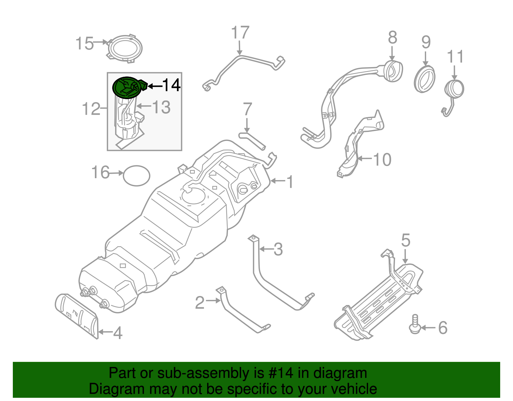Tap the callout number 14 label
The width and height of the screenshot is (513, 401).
pyautogui.click(x=172, y=85)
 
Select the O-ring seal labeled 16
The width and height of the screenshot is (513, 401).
pyautogui.click(x=136, y=176)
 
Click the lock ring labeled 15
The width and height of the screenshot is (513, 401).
pyautogui.click(x=125, y=48)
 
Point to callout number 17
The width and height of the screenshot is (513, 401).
pyautogui.click(x=240, y=33)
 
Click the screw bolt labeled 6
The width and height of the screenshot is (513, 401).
pyautogui.click(x=415, y=324)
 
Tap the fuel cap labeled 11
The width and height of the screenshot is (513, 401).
pyautogui.click(x=454, y=89)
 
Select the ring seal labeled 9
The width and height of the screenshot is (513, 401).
pyautogui.click(x=425, y=79)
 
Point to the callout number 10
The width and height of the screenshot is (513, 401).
pyautogui.click(x=382, y=160)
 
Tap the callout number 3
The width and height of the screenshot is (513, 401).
pyautogui.click(x=278, y=249)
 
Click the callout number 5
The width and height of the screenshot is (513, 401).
pyautogui.click(x=406, y=240)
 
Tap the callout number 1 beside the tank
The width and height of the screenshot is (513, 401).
pyautogui.click(x=290, y=182)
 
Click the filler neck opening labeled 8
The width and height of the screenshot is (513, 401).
pyautogui.click(x=392, y=71)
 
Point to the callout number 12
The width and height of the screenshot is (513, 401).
pyautogui.click(x=91, y=109)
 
